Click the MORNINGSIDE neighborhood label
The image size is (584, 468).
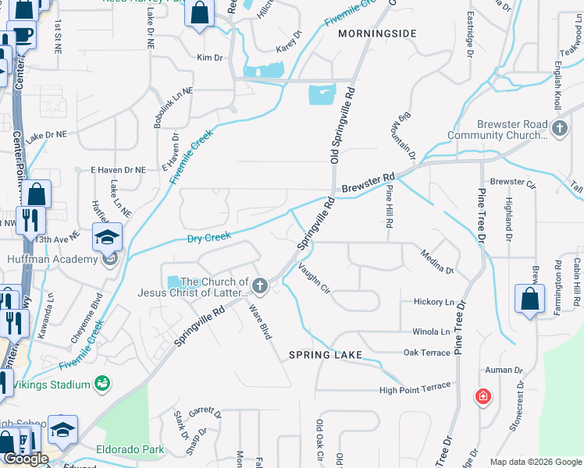(x=377, y=34)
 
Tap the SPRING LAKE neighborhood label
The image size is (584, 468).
(x=326, y=355)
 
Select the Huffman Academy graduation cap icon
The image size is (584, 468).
(x=108, y=236)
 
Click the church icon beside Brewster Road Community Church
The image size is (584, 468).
(x=558, y=129)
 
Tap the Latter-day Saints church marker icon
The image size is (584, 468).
(x=259, y=286)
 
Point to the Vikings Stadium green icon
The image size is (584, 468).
(x=101, y=383)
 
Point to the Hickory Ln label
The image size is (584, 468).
(x=433, y=302)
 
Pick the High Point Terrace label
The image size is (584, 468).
(x=415, y=387)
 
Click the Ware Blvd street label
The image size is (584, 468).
(x=260, y=322)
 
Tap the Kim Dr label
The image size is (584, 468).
(x=210, y=58)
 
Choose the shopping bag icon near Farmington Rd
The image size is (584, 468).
(x=529, y=300)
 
